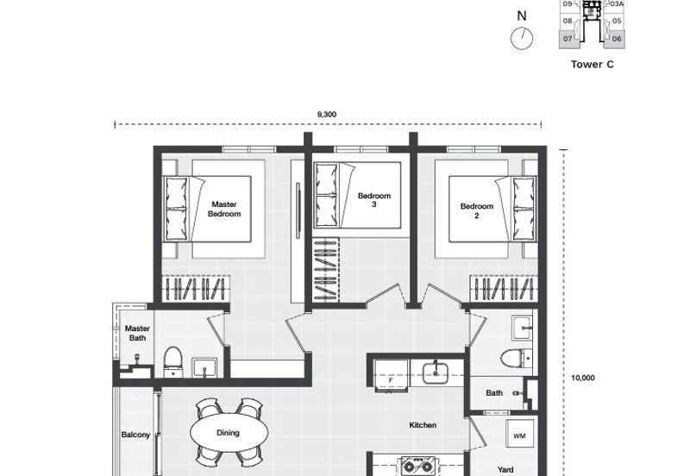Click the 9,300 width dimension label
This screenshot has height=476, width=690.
coord(327,114)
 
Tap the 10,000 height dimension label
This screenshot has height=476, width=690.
coord(584,377)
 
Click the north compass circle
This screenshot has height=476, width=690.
coord(521,39)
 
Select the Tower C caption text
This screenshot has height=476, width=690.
coord(592,64)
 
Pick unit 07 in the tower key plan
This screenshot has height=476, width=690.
coord(568,38)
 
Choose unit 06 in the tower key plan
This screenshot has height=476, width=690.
coord(616,38)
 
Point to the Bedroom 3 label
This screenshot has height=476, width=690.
coord(374,200)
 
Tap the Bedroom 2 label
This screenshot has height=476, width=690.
coord(476,210)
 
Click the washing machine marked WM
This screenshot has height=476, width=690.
coord(519,435)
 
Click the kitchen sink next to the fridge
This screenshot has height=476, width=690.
coord(436,372)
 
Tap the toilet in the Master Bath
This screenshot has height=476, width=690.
coord(172,362)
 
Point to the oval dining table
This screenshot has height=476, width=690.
coord(228,433)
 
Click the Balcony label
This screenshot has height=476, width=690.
coord(135,435)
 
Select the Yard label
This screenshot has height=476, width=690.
coord(506,469)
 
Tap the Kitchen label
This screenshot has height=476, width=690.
coord(423,424)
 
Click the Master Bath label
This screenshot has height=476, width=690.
coord(137,333)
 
